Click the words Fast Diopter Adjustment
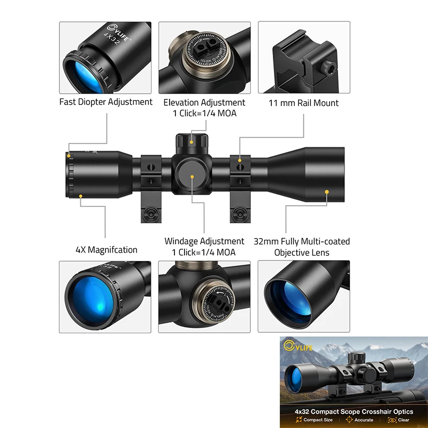pos(106,102)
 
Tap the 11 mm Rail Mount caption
pos(303,103)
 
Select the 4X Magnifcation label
pos(106,250)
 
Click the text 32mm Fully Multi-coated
pos(302,241)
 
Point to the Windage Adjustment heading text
pos(204,241)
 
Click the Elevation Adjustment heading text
pos(204,102)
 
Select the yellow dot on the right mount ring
pos(240,160)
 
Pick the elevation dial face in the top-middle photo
pos(205,57)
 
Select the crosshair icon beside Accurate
pos(349,420)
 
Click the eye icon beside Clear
pos(391,420)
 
